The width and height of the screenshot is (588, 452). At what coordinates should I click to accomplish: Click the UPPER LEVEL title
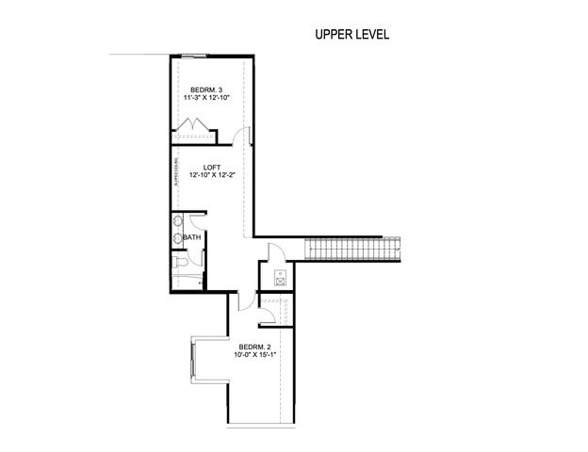(x=351, y=34)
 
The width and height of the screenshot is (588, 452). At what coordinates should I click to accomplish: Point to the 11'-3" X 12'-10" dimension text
(x=207, y=98)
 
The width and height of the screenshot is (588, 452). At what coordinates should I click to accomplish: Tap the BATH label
(x=191, y=237)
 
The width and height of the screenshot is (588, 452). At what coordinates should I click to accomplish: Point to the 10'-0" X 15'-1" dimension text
(x=254, y=355)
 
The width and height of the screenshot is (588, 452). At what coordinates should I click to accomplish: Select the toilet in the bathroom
(x=179, y=261)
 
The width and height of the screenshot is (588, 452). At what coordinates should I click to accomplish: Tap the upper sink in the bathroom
(x=177, y=222)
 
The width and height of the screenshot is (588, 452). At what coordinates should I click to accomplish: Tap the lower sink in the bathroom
(x=177, y=240)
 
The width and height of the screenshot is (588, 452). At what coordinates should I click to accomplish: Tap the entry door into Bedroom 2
(x=245, y=299)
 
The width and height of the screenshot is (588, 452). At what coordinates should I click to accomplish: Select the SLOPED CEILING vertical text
(x=176, y=174)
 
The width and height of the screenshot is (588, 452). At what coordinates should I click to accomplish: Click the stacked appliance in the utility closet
(x=279, y=277)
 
